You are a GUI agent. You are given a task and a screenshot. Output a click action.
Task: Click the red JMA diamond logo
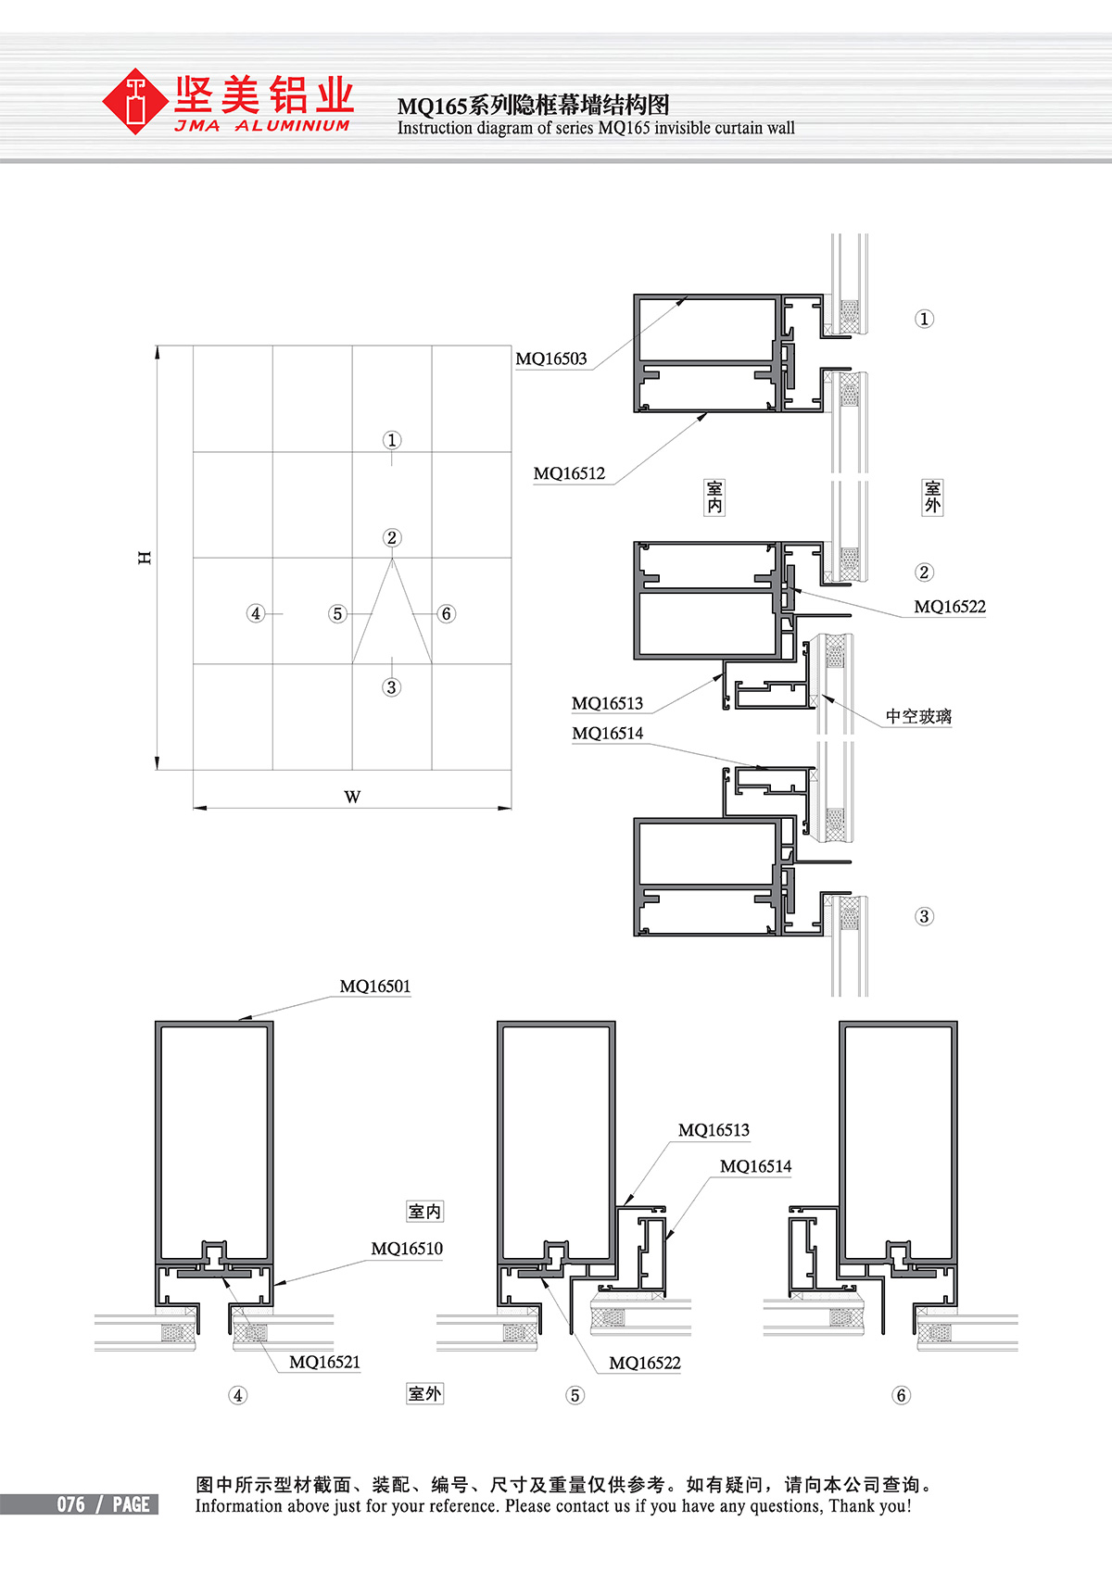pos(134,101)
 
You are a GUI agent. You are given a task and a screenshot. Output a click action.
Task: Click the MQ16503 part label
pos(551,358)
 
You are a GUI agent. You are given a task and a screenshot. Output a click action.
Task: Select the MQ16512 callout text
pos(569,473)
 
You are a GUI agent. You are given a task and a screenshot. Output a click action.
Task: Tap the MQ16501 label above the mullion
pos(375,986)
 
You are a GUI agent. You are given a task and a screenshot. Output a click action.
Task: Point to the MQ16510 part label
pos(407,1249)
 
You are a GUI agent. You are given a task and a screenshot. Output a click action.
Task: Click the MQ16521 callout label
pos(324,1362)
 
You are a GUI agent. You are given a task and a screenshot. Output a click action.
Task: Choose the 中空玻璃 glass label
pos(918,716)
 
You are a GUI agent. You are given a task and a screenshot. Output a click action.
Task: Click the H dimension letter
pos(145,558)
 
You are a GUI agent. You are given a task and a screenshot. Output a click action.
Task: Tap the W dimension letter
pos(352,797)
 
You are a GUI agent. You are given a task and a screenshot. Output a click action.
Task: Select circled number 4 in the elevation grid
pos(256,613)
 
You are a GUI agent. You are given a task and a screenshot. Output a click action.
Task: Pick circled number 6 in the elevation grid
pos(446,613)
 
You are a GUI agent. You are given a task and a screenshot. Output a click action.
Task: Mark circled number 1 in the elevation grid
pos(392,440)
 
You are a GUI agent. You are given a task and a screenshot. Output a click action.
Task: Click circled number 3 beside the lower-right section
pos(924,916)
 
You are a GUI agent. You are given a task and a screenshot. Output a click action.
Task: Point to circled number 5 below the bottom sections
pos(575,1395)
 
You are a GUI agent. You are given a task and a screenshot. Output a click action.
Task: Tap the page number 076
pos(71,1504)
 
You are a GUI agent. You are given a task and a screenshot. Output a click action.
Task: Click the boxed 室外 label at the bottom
pos(424,1394)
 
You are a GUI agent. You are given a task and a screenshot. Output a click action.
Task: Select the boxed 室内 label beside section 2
pos(714,497)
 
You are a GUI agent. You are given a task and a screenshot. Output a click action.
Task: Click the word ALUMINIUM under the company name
pos(292,126)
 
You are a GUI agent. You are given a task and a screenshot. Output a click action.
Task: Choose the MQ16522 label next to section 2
pos(950,607)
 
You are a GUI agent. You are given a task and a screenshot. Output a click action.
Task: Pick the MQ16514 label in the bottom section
pos(755,1166)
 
